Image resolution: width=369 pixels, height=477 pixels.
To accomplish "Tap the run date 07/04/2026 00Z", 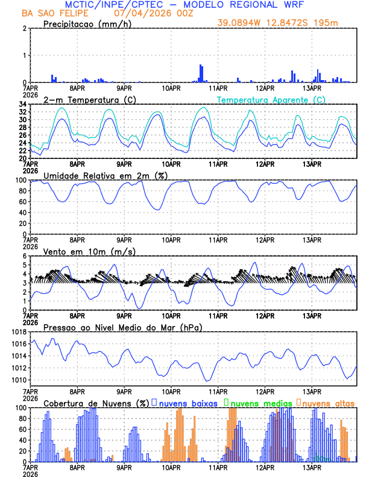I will pos(150,13).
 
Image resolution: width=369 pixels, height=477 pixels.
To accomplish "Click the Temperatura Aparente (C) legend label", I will pos(271,99).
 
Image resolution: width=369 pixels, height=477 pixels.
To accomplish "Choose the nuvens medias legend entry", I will pos(259,402).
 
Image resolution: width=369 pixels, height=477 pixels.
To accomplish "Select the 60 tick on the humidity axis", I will pos(22,202).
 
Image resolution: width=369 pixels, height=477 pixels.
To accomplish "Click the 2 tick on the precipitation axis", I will pos(25,28).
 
